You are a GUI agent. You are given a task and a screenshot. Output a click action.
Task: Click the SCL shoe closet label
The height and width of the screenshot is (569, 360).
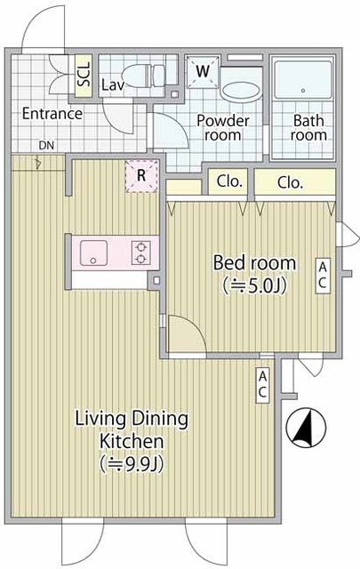84,75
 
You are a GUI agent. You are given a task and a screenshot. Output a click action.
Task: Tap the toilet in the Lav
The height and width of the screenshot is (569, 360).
144,75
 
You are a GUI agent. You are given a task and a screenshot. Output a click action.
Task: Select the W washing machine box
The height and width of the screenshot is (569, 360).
203,72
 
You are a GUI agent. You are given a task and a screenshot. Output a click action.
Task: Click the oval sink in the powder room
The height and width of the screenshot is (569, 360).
241,92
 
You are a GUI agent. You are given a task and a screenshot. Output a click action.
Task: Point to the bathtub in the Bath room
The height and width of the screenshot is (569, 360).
302,80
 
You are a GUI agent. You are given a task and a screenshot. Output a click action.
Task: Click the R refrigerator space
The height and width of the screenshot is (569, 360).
141,176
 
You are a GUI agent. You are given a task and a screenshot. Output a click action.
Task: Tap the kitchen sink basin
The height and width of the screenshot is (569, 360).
93,252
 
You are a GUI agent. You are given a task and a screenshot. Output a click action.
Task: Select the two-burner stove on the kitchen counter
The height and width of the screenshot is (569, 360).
141,252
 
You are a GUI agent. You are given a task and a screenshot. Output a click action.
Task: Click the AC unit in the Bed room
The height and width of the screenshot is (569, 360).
323,276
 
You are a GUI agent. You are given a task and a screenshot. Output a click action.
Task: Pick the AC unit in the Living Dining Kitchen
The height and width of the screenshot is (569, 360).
263,385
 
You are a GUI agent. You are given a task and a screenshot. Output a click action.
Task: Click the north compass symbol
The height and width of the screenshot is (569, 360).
306,428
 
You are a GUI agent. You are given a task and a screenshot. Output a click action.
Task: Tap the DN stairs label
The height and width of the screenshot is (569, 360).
46,146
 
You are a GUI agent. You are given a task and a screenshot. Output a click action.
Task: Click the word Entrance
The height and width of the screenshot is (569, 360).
52,114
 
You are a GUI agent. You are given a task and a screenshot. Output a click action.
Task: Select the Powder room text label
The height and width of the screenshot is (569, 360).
223,128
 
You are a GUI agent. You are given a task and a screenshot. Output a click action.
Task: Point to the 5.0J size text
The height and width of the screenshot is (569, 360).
255,285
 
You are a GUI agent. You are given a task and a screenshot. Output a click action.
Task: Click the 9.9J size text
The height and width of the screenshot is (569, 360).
131,463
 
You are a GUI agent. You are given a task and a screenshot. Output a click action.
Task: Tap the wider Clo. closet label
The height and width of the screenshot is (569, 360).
290,183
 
